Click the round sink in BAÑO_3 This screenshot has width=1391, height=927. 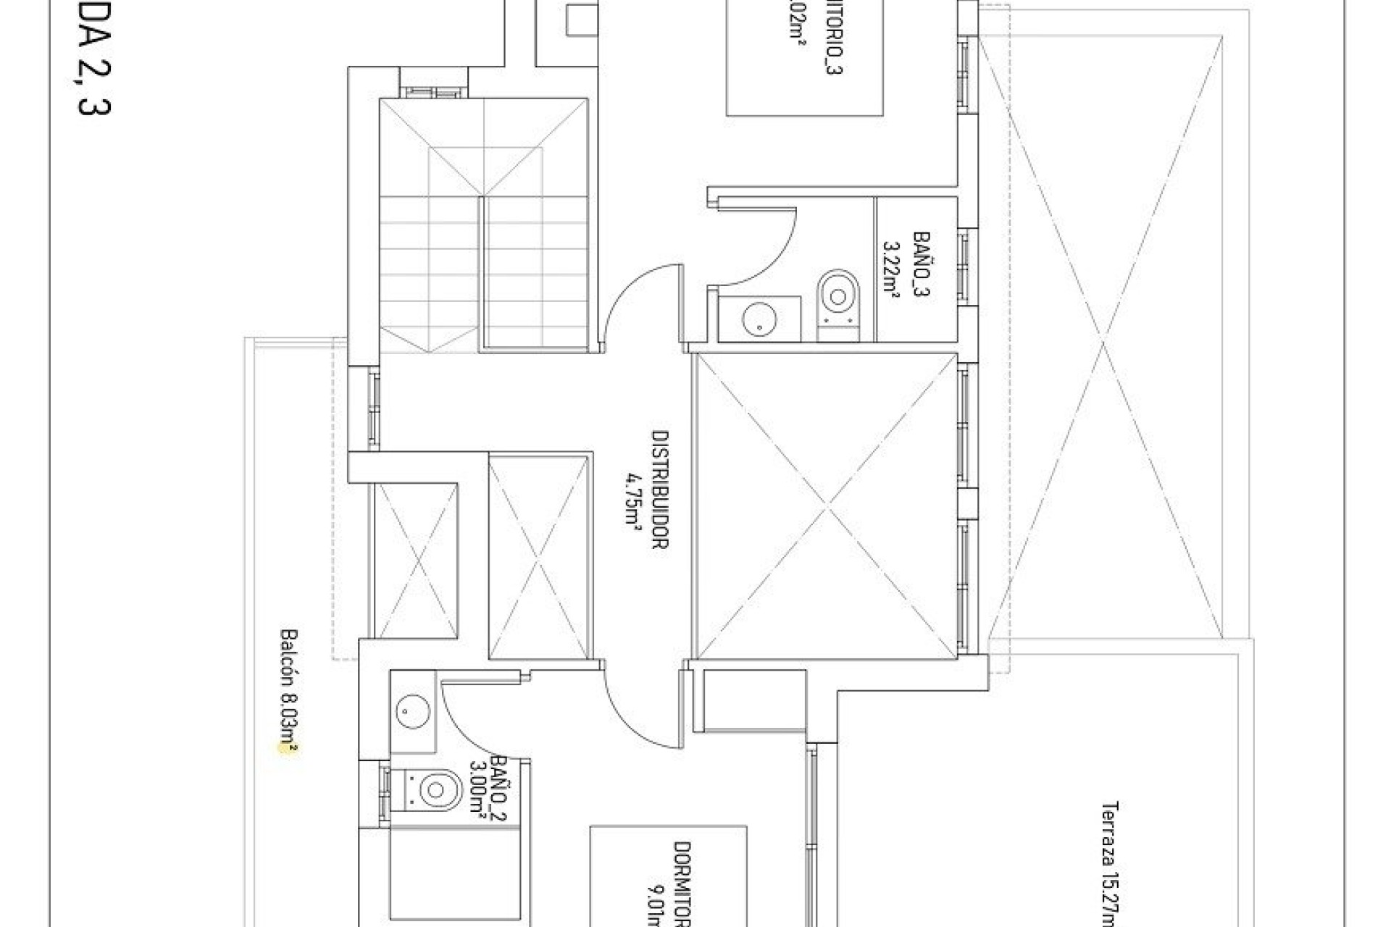(759, 319)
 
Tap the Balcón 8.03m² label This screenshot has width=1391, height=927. (288, 693)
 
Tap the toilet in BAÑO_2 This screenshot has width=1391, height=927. (433, 789)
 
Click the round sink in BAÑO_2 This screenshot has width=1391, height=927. (412, 713)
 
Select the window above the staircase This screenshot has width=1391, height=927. (431, 92)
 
